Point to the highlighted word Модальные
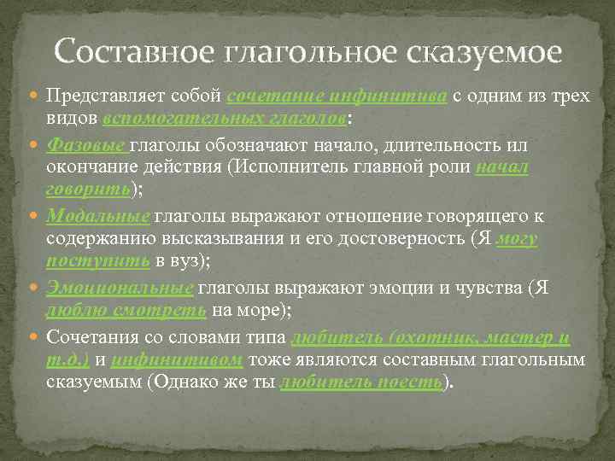[x=98, y=215]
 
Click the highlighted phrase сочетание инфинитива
[x=338, y=95]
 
